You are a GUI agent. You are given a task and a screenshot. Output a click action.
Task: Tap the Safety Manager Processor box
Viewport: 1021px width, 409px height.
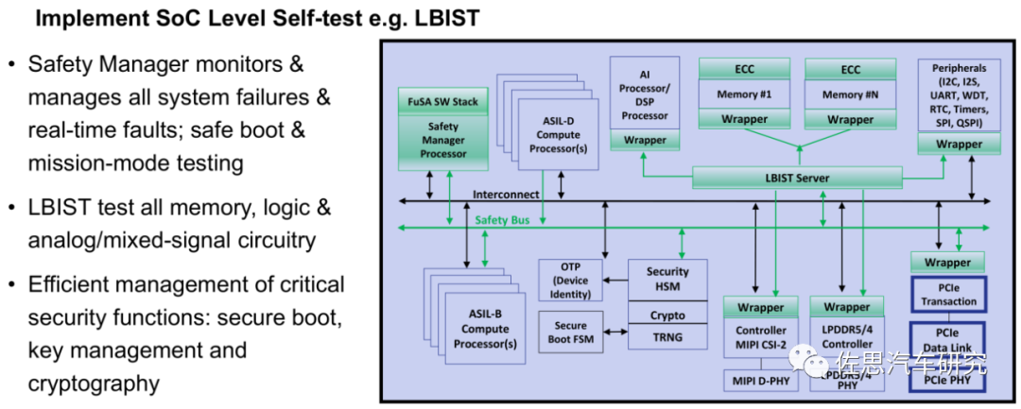point(442,140)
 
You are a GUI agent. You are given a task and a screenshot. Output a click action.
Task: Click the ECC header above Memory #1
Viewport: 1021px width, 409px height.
point(744,69)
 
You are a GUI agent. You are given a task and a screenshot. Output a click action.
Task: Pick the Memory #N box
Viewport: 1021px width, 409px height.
point(850,94)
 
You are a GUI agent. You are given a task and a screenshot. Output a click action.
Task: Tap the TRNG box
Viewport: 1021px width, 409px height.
point(667,336)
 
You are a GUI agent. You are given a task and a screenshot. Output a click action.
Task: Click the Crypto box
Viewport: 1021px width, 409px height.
point(667,315)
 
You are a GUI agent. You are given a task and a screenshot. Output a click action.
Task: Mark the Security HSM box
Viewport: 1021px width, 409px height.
point(667,279)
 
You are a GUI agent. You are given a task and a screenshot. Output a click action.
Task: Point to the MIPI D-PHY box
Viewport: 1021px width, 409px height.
point(761,380)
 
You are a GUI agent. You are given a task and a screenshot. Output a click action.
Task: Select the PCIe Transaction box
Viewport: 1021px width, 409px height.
point(947,295)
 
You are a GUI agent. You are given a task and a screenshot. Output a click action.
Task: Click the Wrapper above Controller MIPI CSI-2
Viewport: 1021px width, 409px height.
point(761,307)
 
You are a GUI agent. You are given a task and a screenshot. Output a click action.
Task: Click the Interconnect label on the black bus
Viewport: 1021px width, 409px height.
point(506,195)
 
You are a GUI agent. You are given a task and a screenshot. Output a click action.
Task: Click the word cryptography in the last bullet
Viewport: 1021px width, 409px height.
point(94,384)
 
